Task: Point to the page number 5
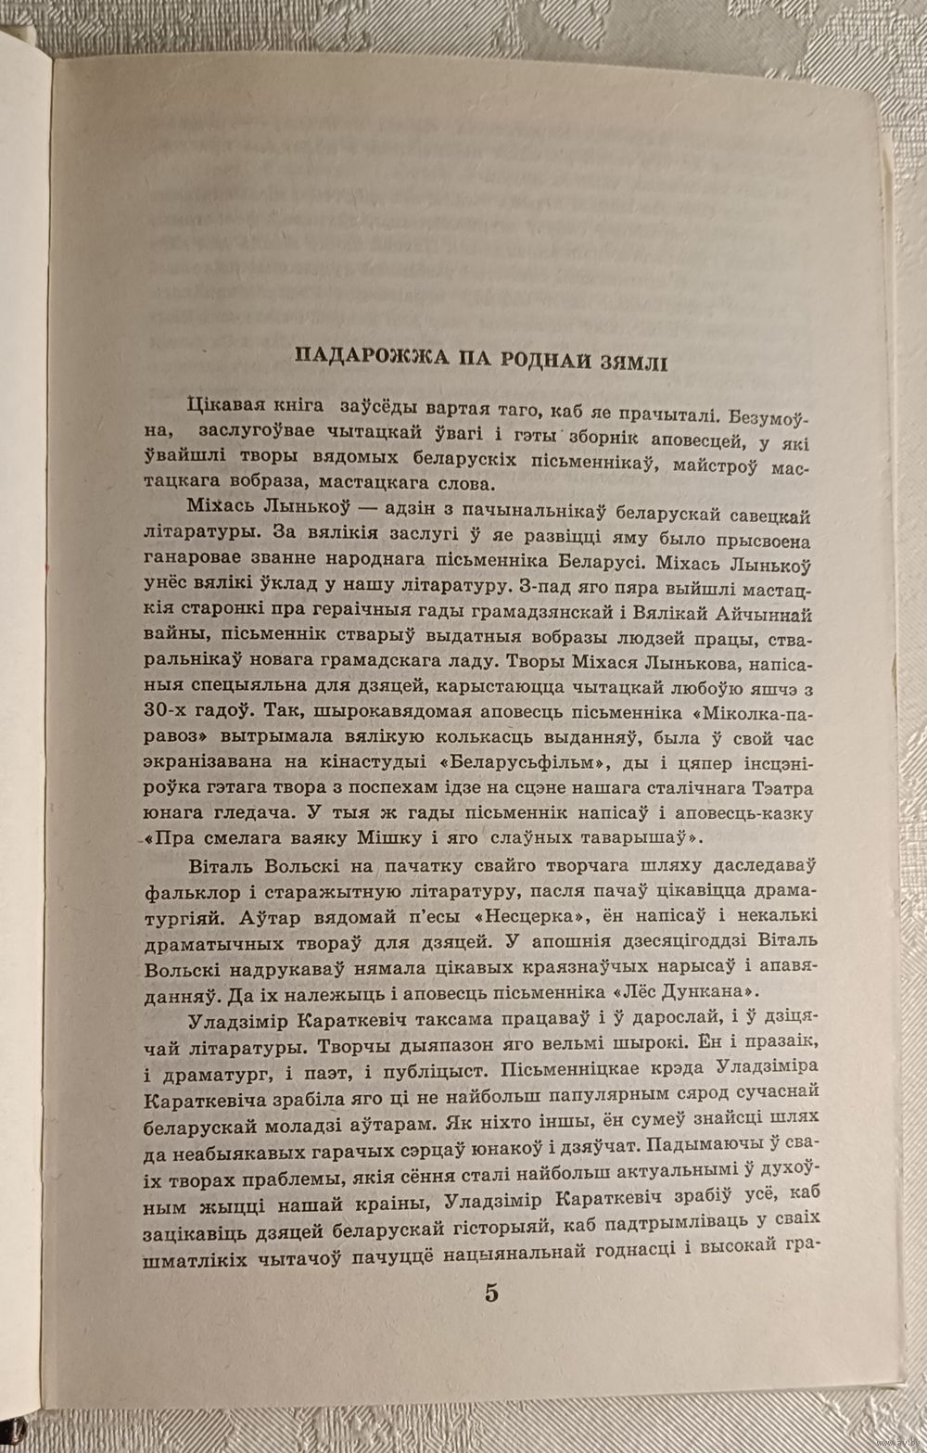coord(490,1293)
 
